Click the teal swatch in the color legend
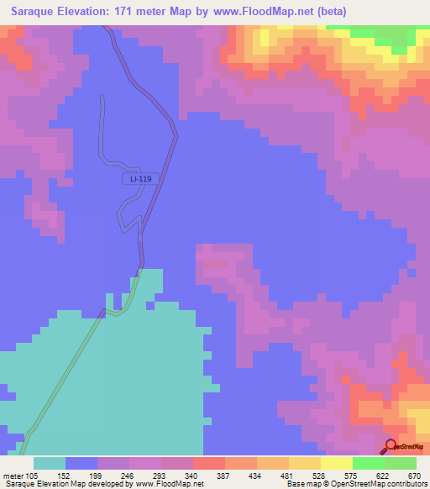coord(50,463)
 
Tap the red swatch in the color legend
coord(208,463)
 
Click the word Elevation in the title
coord(90,12)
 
